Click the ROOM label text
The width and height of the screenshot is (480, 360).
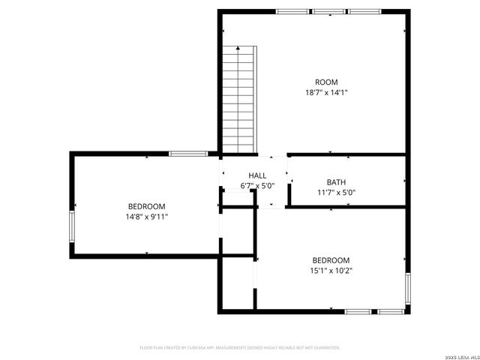pyautogui.click(x=326, y=82)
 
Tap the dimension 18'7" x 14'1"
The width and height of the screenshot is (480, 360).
pyautogui.click(x=326, y=92)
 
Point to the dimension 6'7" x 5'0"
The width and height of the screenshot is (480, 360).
pyautogui.click(x=258, y=185)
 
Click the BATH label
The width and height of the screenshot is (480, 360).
pyautogui.click(x=336, y=181)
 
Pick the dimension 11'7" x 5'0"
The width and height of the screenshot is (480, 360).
pyautogui.click(x=336, y=192)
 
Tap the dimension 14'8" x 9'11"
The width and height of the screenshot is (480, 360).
pyautogui.click(x=147, y=217)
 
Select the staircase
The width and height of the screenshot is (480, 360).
pyautogui.click(x=239, y=98)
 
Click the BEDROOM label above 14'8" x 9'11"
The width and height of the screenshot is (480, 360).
pyautogui.click(x=147, y=206)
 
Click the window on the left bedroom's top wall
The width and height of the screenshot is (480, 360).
pyautogui.click(x=187, y=154)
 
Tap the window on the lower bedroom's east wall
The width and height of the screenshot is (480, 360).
pyautogui.click(x=409, y=290)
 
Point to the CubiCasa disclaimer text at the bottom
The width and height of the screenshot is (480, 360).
pyautogui.click(x=240, y=347)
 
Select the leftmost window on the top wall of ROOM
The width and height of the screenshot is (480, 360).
pyautogui.click(x=292, y=11)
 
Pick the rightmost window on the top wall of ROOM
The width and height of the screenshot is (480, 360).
pyautogui.click(x=364, y=11)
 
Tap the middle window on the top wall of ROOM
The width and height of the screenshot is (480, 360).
pyautogui.click(x=328, y=11)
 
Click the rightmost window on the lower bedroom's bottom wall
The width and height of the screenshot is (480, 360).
pyautogui.click(x=391, y=311)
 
